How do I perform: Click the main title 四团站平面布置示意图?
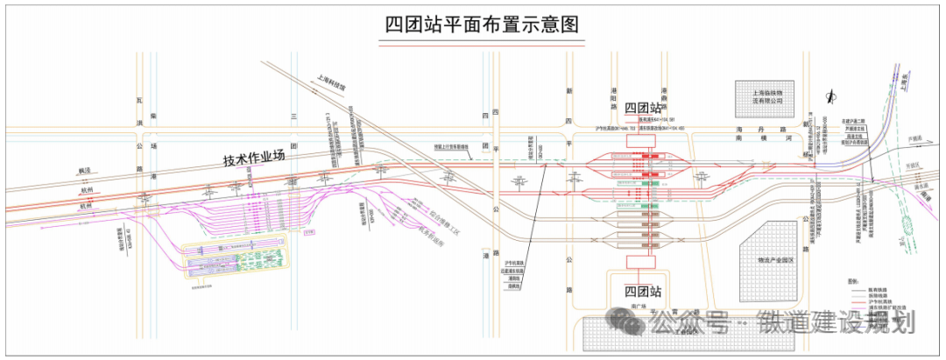pyautogui.click(x=482, y=25)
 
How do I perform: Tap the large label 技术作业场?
pyautogui.click(x=255, y=160)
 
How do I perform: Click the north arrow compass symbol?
pyautogui.click(x=830, y=95)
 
